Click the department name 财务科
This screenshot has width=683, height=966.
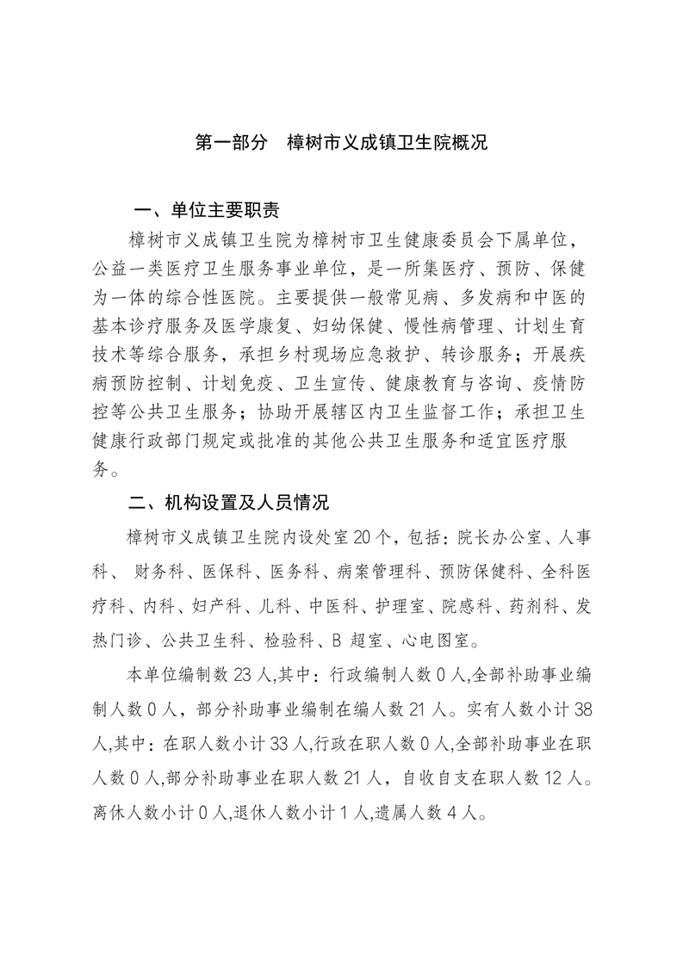coord(159,573)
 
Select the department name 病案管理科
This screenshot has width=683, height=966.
coord(380,573)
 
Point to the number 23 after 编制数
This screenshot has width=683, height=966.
coord(245,675)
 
